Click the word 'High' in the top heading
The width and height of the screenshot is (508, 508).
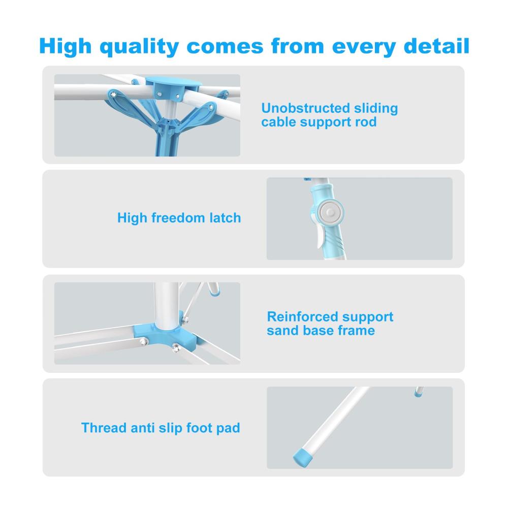click(66, 47)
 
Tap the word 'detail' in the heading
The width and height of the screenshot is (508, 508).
click(436, 46)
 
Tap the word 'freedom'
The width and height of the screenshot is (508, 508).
click(178, 218)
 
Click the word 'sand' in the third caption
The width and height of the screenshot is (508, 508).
click(281, 331)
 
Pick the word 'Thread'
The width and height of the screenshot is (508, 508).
click(104, 428)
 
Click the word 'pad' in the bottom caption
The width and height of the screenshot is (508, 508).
click(228, 428)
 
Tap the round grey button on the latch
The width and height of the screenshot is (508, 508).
click(330, 213)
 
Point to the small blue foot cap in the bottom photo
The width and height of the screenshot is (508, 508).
click(418, 394)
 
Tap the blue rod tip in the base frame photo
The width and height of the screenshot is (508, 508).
click(214, 293)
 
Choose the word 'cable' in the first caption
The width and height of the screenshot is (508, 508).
click(278, 122)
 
